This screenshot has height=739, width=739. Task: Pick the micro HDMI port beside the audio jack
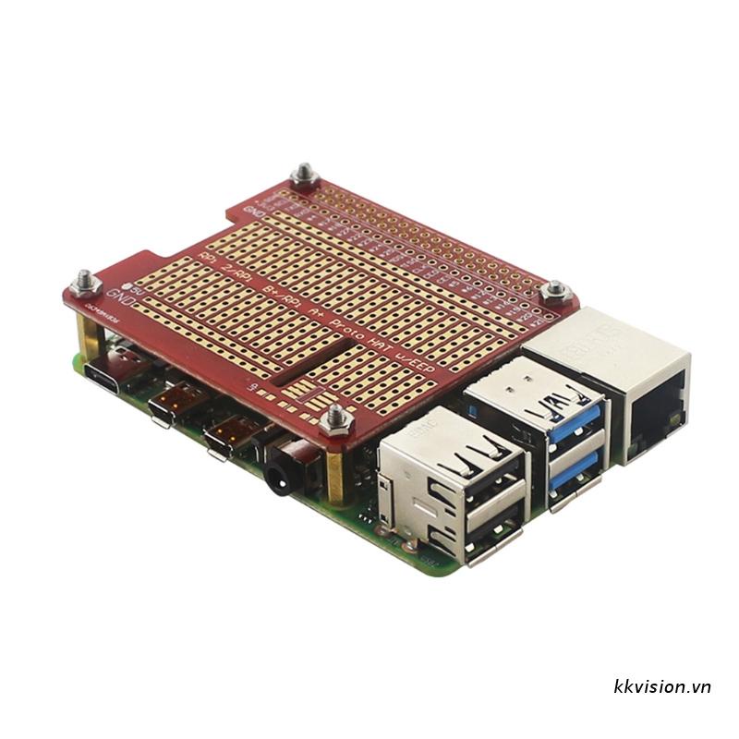(224, 436)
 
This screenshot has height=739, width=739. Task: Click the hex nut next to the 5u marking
(85, 278)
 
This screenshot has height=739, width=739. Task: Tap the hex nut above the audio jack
(334, 420)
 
